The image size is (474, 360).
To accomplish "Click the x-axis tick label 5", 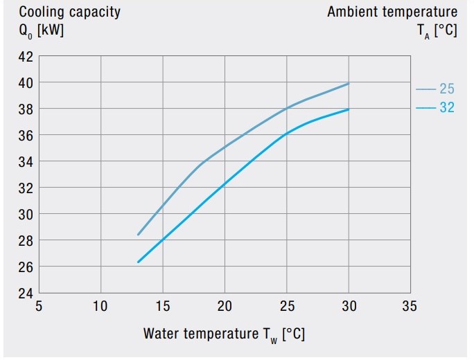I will point(39,306).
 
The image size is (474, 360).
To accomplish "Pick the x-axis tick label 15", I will point(163,306).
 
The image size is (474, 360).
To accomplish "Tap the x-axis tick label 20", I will point(225,306).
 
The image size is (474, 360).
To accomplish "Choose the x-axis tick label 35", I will point(410,306).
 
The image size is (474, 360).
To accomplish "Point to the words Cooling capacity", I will point(69,12).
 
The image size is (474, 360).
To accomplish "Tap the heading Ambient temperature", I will point(392,12).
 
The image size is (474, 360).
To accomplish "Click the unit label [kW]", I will point(51,30).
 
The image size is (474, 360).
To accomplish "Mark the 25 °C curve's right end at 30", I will point(349,83).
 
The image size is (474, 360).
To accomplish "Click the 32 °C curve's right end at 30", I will point(349,109).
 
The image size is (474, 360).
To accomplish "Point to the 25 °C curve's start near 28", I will point(138,235).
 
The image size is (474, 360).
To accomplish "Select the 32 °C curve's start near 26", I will point(138,262).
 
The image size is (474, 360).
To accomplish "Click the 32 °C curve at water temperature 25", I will point(286,134).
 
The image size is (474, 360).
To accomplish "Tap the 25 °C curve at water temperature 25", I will point(286,109).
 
